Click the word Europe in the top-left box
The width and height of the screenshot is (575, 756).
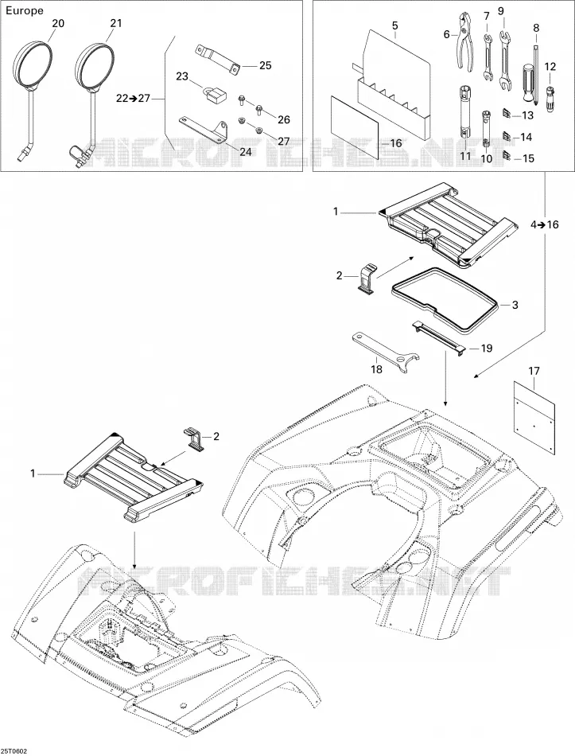tap(24, 10)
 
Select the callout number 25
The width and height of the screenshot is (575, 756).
tap(265, 65)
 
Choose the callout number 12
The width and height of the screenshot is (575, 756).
tap(550, 67)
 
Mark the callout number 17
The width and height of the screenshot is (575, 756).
tap(534, 372)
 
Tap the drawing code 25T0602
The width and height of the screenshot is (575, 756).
tap(14, 751)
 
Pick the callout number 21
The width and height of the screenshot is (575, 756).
tap(115, 23)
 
